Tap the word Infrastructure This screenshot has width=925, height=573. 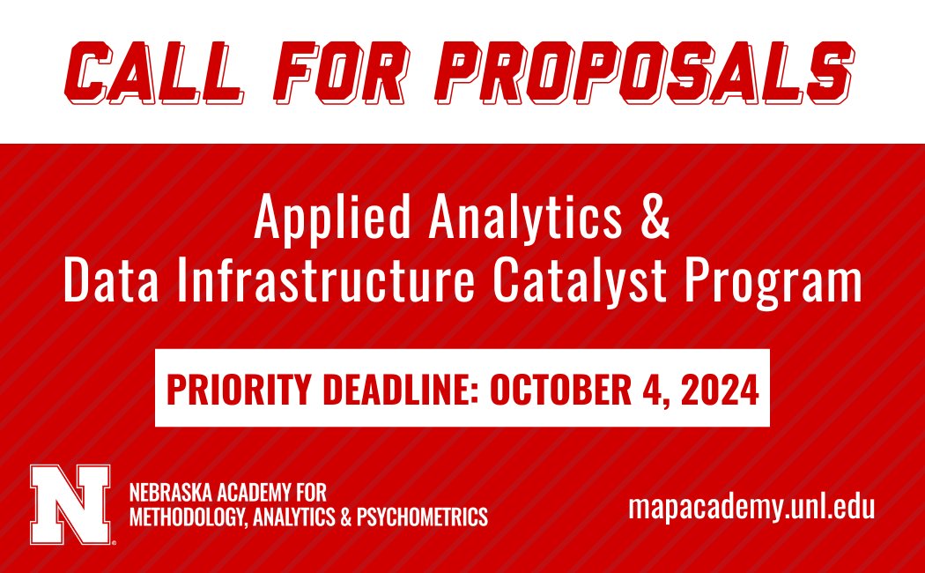point(356,281)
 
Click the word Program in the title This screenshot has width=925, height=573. point(793,283)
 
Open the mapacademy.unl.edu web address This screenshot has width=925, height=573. point(751,508)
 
